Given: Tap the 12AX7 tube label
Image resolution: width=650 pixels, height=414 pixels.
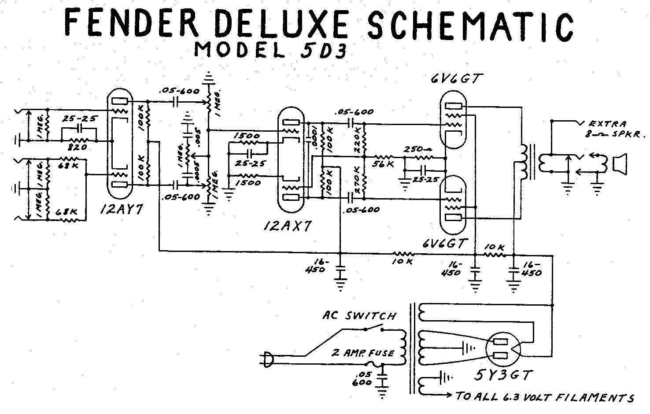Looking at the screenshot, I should (x=288, y=226).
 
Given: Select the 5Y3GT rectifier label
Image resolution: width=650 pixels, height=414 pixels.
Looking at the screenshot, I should (x=504, y=375).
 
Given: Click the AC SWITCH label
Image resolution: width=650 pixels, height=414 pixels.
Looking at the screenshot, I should (x=359, y=315).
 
